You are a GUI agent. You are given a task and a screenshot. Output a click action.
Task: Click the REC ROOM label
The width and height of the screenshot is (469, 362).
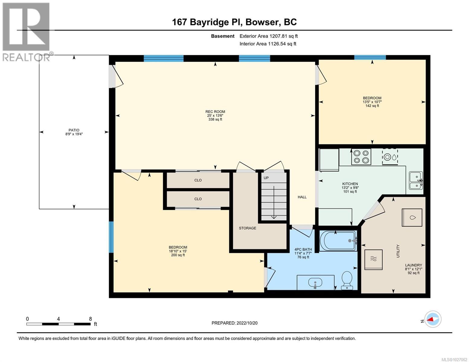click(215, 112)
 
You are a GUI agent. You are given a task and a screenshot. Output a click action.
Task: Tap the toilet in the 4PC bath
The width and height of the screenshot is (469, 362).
click(346, 280)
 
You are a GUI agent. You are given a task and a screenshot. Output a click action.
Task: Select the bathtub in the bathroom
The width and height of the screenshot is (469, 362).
click(338, 240)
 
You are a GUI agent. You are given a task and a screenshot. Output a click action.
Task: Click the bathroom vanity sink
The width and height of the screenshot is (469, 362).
click(315, 283)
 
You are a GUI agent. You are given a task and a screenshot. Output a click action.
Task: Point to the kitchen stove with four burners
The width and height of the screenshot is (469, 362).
click(361, 157)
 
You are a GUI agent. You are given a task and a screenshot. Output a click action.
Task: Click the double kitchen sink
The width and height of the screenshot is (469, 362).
click(416, 180)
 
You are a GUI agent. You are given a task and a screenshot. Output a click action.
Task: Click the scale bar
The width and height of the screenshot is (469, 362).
click(58, 324)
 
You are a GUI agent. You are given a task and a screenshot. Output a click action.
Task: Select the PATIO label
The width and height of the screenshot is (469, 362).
click(74, 130)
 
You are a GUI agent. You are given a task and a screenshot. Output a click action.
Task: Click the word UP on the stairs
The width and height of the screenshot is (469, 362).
click(266, 178)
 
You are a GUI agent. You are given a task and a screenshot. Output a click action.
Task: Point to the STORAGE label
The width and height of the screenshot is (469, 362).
click(247, 228)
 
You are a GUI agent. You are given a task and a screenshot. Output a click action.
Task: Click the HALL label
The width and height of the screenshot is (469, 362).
click(302, 197)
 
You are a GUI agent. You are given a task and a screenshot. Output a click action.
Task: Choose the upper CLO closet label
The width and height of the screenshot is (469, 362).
click(198, 180)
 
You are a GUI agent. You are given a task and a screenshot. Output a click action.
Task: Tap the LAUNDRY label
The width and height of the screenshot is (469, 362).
click(413, 265)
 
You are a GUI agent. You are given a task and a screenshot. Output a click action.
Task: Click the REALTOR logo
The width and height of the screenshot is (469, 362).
click(26, 31)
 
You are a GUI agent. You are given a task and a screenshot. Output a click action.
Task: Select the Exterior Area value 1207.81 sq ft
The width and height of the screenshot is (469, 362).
click(268, 36)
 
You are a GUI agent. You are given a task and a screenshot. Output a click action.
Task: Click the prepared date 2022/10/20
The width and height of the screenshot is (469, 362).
click(234, 323)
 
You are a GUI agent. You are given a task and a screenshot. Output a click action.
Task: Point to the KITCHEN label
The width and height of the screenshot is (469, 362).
click(350, 184)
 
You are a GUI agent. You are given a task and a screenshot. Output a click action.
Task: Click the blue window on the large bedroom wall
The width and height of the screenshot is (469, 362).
click(111, 237)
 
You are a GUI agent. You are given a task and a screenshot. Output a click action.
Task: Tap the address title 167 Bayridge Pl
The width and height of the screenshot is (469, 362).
click(207, 22)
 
